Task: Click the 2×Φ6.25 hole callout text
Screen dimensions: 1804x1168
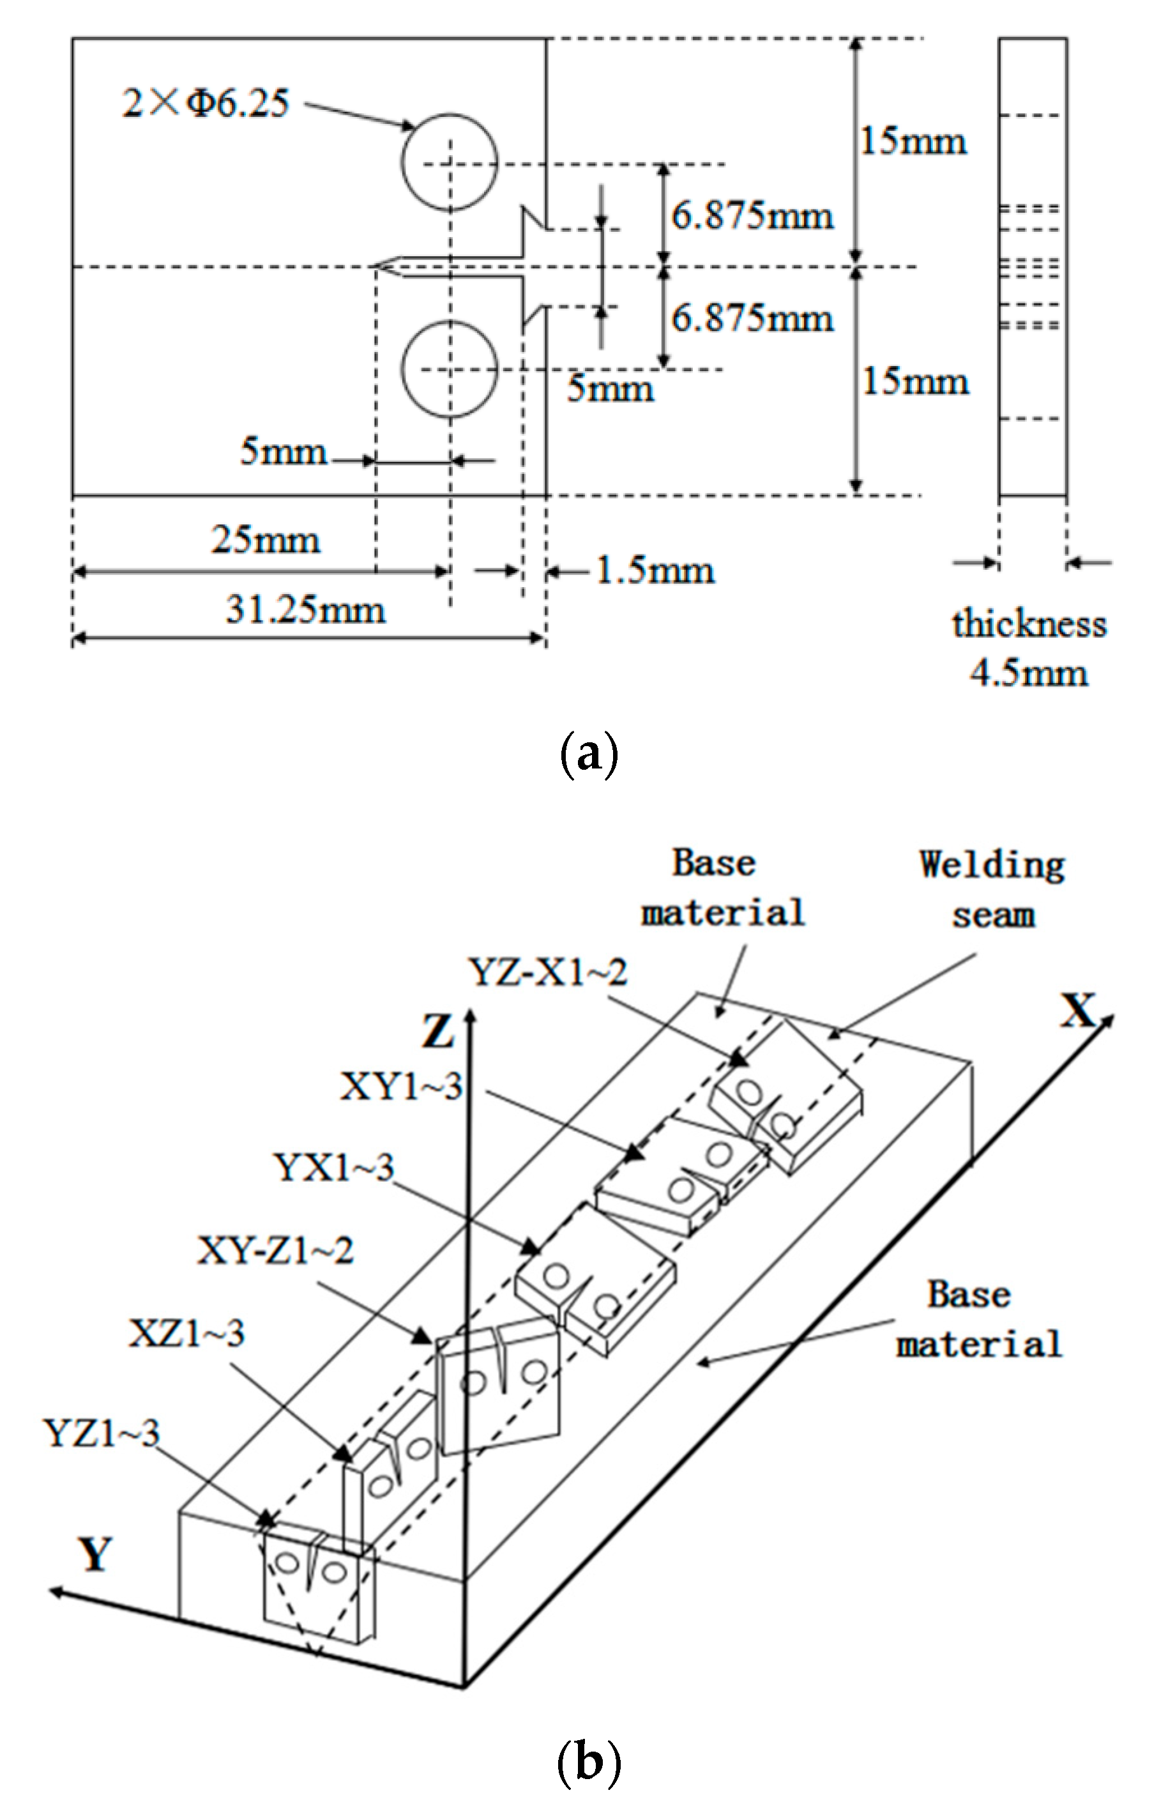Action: (x=206, y=102)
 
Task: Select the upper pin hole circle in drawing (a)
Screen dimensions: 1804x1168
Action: (x=449, y=162)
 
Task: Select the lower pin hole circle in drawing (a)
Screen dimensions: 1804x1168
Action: (x=449, y=369)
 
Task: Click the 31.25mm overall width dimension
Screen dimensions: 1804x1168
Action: (x=305, y=609)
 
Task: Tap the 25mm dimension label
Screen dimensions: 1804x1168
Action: (x=265, y=540)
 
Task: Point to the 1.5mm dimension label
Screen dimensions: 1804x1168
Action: (x=654, y=570)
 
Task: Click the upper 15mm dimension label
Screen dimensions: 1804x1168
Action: (x=913, y=141)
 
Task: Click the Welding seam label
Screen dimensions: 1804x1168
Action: (x=992, y=889)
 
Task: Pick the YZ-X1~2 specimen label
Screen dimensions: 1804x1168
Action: (x=548, y=972)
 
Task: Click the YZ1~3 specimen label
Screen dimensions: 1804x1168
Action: (x=102, y=1433)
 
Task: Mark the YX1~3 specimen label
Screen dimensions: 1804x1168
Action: (x=334, y=1166)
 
